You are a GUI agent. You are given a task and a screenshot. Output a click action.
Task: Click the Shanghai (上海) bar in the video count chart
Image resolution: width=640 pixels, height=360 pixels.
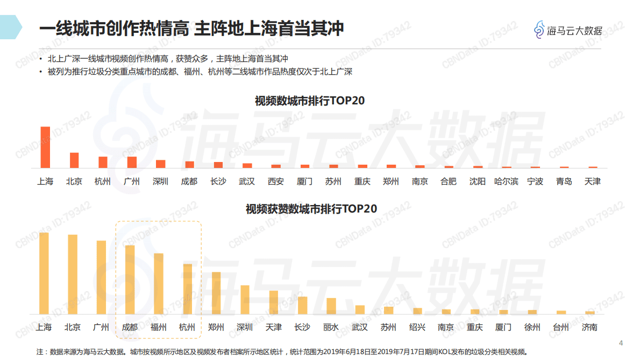click(x=45, y=147)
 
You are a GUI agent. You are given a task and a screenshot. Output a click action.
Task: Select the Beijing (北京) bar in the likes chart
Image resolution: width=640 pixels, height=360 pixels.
click(x=73, y=274)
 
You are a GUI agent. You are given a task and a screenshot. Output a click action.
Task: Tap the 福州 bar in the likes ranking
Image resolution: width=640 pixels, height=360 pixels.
click(x=159, y=284)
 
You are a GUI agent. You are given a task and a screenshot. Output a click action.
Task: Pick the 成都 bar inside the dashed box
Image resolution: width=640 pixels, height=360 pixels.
click(x=130, y=280)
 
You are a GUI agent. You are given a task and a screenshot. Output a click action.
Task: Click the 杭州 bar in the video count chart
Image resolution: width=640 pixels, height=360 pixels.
click(x=103, y=163)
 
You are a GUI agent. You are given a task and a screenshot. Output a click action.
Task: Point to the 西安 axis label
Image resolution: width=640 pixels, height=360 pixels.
click(x=275, y=181)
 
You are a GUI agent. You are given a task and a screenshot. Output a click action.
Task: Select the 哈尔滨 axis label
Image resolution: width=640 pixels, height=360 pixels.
click(x=506, y=181)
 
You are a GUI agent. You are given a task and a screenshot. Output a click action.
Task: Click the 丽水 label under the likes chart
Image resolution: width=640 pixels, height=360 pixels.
click(x=331, y=327)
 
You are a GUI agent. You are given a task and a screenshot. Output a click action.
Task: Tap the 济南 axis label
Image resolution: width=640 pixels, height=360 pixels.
click(x=589, y=327)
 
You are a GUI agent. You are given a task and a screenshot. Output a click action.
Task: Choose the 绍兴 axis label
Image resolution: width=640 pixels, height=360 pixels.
click(x=417, y=327)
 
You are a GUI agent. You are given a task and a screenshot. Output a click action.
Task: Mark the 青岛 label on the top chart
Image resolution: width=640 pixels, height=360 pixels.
click(x=564, y=181)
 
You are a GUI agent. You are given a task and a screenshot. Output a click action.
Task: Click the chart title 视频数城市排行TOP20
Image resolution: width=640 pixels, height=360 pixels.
click(x=310, y=101)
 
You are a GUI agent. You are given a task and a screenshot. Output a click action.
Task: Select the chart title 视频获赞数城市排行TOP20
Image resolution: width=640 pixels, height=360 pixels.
click(x=311, y=209)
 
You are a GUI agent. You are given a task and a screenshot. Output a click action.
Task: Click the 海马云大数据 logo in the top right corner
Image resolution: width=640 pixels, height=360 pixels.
click(x=568, y=30)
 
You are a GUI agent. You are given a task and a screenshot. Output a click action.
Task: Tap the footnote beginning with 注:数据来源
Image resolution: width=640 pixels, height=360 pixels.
click(x=280, y=351)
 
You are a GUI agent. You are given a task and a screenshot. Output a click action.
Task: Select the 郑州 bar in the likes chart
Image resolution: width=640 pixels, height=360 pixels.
click(x=216, y=293)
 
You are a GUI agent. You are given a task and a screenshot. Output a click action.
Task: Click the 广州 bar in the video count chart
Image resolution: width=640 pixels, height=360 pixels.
click(x=132, y=163)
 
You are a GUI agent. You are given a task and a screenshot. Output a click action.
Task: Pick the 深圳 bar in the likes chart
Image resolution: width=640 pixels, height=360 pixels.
click(x=245, y=299)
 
